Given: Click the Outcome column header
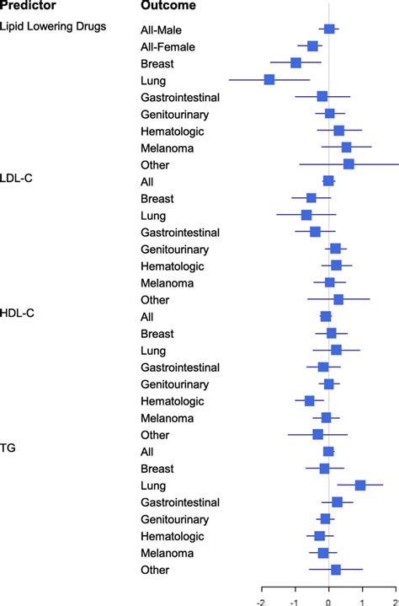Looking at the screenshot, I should [168, 6].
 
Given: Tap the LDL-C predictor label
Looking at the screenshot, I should [17, 179].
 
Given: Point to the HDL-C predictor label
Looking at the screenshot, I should [17, 313].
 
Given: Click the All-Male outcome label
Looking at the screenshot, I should [163, 29].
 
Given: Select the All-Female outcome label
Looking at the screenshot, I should [168, 46].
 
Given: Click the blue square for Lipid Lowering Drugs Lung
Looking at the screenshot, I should [269, 79].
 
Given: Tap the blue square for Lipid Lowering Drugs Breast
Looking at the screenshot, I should [295, 62].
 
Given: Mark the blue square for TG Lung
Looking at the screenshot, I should [360, 485].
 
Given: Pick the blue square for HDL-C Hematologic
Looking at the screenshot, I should [309, 400].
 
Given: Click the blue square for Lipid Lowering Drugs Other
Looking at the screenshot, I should [348, 164].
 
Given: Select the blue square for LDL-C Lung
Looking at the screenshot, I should [306, 215].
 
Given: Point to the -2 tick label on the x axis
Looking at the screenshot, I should [262, 600].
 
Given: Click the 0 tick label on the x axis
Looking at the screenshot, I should [328, 600].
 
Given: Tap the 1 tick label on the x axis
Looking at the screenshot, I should [361, 600].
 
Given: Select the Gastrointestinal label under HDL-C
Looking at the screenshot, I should [180, 367].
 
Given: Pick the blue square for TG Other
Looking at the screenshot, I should [335, 570].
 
